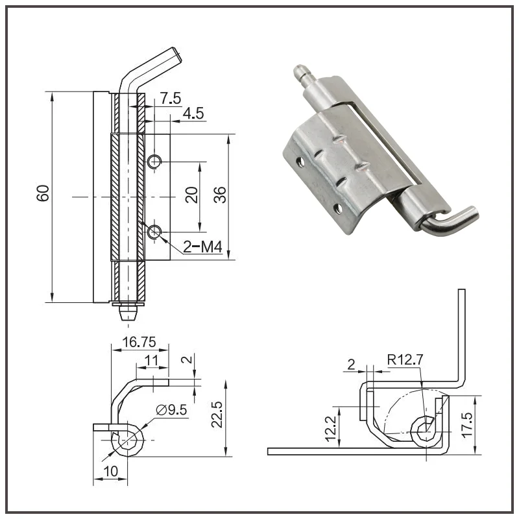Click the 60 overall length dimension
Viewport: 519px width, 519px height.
[43, 193]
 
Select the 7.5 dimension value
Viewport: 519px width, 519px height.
[171, 99]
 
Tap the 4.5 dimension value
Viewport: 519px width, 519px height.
[193, 114]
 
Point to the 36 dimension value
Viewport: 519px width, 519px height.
[220, 195]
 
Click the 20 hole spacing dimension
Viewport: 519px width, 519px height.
[191, 195]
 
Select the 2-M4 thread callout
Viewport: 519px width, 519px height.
[202, 247]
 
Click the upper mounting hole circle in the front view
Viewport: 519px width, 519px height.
[154, 162]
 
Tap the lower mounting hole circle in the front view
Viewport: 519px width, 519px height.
[154, 232]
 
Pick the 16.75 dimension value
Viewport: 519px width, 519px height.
[139, 342]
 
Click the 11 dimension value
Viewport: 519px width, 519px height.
[152, 361]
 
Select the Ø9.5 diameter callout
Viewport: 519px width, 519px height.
[171, 410]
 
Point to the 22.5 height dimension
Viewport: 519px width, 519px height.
[217, 415]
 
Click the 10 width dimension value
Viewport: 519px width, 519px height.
[110, 471]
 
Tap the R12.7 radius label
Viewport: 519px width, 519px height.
[405, 359]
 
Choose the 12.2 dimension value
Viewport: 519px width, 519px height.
[331, 429]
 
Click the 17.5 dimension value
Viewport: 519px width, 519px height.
[467, 425]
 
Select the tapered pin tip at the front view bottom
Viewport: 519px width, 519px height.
[128, 314]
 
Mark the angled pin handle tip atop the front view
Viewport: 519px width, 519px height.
[175, 55]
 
